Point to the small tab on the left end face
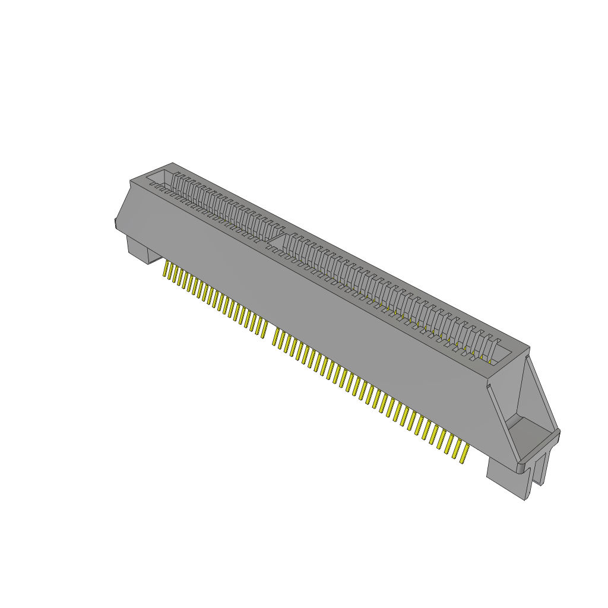[114, 223]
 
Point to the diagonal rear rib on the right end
[540, 386]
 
